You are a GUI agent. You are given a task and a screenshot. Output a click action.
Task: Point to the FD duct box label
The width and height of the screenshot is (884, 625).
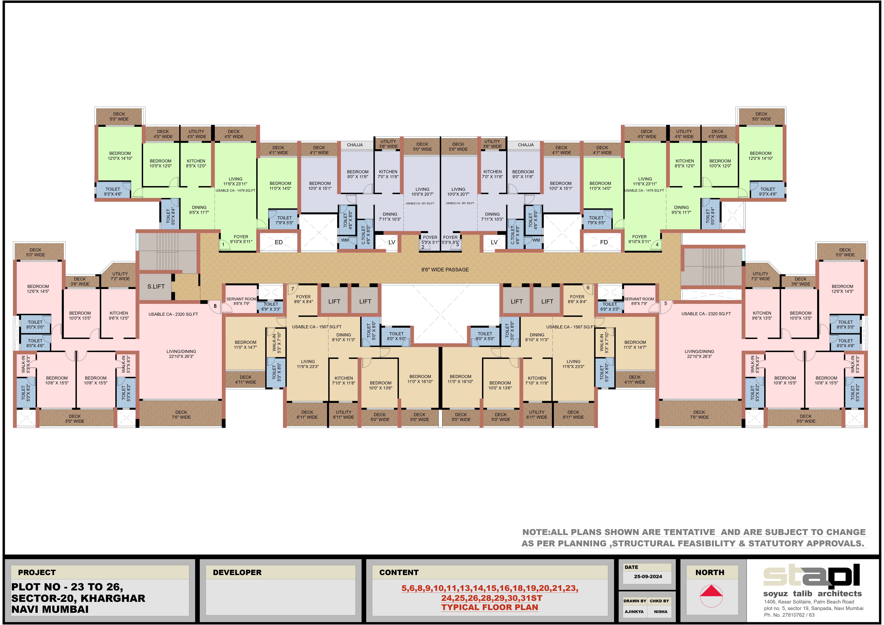(x=604, y=242)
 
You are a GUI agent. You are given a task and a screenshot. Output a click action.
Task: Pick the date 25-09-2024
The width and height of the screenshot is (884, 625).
(x=648, y=577)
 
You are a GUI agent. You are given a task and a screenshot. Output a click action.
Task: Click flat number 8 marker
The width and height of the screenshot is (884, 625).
(x=215, y=306)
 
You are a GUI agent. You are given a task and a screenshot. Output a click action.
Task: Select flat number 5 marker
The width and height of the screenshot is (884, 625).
(x=665, y=303)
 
